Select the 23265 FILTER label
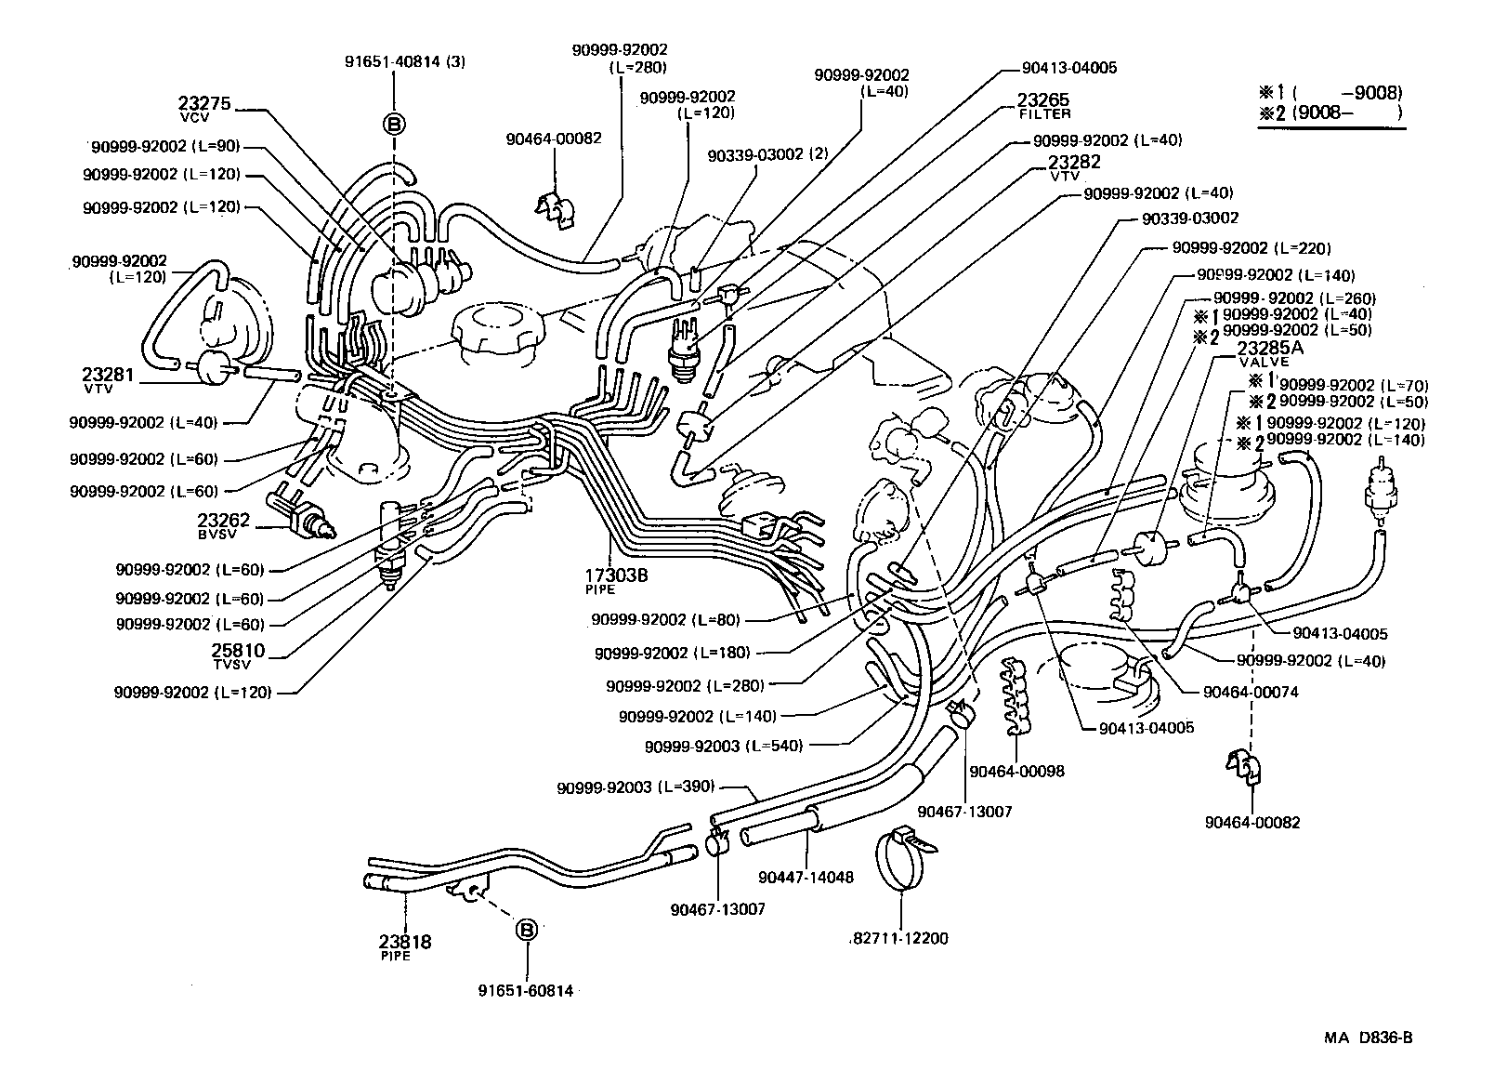click(1042, 104)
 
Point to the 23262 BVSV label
click(224, 524)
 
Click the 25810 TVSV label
click(237, 655)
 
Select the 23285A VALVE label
click(1270, 354)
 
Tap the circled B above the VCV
click(394, 124)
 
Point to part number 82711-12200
click(899, 938)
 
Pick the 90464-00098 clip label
click(1016, 771)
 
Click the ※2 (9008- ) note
click(1329, 113)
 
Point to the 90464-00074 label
click(1250, 692)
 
